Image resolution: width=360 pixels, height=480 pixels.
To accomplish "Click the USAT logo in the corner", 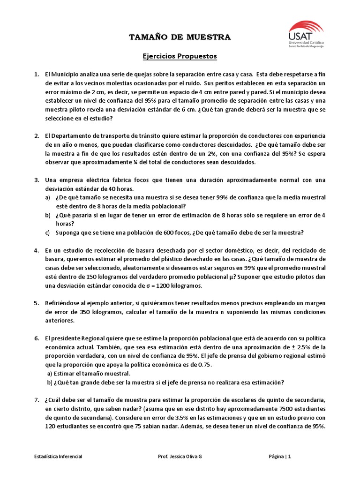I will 307,33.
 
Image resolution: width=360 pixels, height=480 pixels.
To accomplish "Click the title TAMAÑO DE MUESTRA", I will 180,37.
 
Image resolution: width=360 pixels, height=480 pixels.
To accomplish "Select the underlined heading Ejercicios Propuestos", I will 180,56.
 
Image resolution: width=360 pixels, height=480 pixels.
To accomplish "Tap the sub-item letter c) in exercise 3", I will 48,232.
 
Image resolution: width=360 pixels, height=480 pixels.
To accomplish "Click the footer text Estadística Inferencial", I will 59,457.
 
